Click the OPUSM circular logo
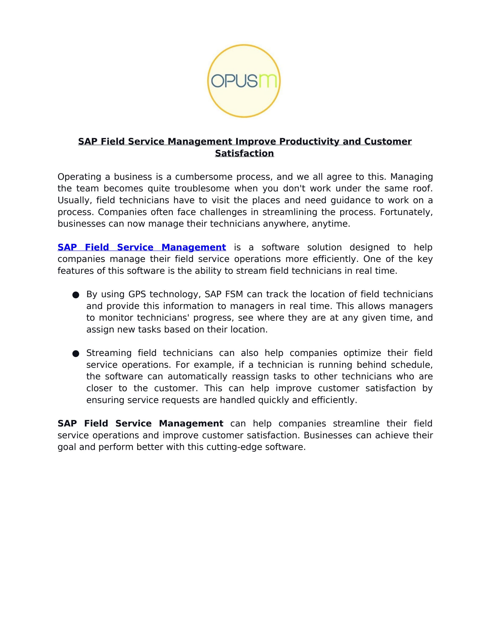tap(244, 81)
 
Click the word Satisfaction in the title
tap(244, 153)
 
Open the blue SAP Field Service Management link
tap(142, 247)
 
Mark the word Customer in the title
tap(388, 142)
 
